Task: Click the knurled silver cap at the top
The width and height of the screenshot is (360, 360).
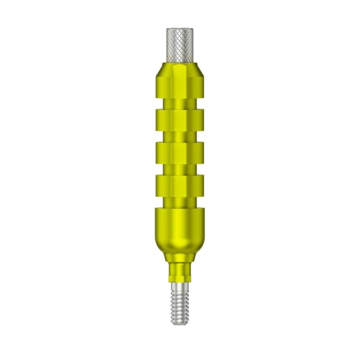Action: pos(179,45)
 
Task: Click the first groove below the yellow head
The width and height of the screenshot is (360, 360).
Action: pos(179,104)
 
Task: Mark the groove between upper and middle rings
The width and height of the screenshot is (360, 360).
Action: pos(179,135)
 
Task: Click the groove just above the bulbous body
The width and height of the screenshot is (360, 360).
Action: pos(179,200)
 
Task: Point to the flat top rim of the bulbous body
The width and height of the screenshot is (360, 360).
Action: pos(179,210)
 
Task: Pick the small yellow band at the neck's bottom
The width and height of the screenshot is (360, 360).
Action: pos(179,278)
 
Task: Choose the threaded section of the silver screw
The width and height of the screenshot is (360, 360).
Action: pos(179,306)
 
